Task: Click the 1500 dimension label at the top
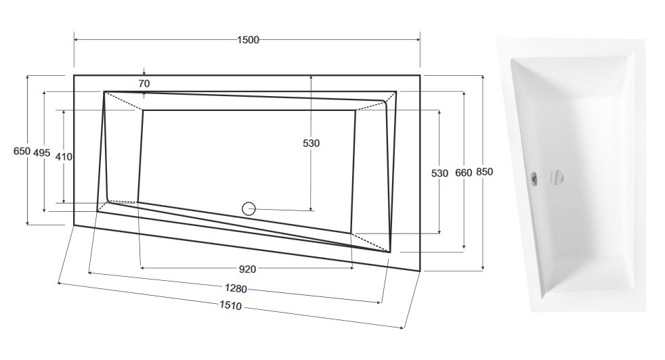(x=248, y=40)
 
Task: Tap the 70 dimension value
(x=144, y=83)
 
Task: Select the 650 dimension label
(x=22, y=151)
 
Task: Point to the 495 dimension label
(x=41, y=153)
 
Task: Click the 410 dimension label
(x=64, y=157)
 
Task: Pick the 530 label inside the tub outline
(x=311, y=143)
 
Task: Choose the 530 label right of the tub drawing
(x=439, y=173)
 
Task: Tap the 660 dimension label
(x=464, y=173)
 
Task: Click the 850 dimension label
(x=485, y=172)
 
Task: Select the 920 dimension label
(x=248, y=269)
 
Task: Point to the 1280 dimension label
(x=236, y=288)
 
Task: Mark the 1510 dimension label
(x=230, y=305)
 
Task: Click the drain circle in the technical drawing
(x=249, y=208)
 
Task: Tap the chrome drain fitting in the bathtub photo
(x=535, y=178)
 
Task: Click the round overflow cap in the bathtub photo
(x=557, y=177)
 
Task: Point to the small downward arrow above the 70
(x=144, y=72)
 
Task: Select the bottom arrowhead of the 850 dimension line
(x=483, y=267)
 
